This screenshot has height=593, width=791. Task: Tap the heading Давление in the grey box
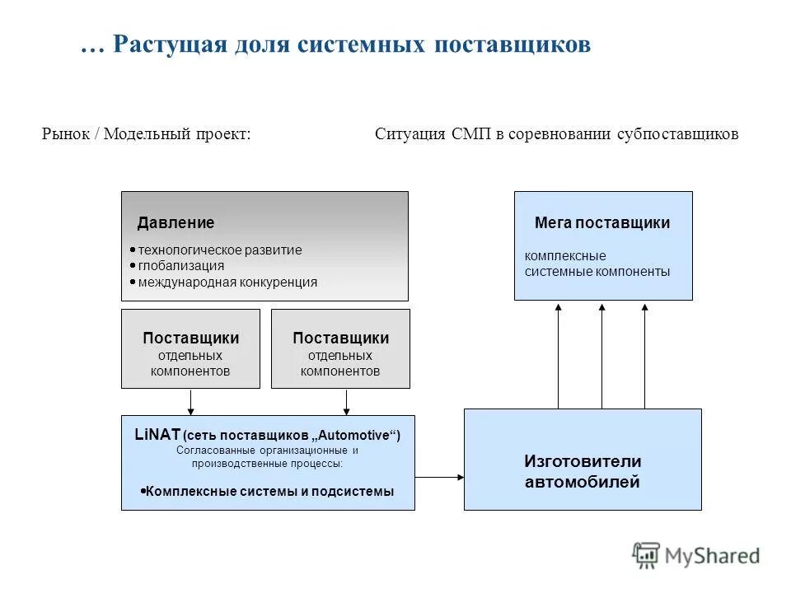point(176,222)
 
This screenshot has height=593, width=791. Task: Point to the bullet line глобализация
point(180,265)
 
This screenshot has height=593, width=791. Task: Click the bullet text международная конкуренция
point(227,282)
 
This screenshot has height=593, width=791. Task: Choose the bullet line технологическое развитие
point(219,250)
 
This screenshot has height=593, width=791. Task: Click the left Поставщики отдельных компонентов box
point(190,348)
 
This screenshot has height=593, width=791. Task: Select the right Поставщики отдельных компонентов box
point(340,348)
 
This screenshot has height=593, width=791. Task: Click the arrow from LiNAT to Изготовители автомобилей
point(440,476)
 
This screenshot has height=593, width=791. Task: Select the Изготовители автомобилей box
point(583,460)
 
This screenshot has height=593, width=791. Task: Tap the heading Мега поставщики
point(602,222)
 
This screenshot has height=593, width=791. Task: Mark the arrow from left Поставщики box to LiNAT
point(191,402)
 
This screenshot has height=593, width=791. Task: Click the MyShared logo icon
point(646,554)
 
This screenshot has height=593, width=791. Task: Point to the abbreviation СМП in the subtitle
point(471,133)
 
